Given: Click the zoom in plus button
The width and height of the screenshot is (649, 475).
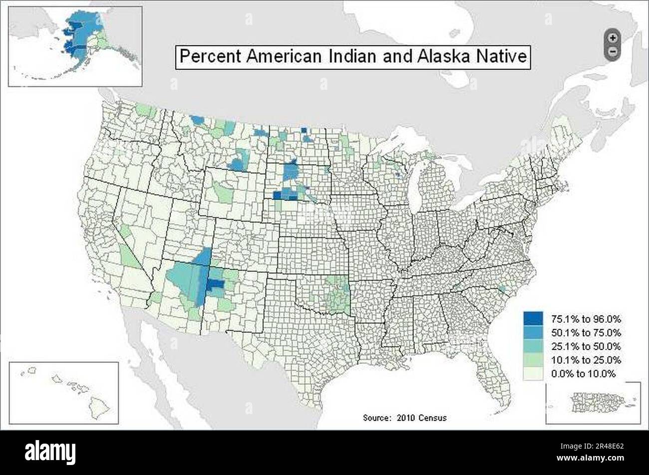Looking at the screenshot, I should click(x=613, y=37).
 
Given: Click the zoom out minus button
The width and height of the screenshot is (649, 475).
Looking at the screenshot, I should click(x=613, y=51).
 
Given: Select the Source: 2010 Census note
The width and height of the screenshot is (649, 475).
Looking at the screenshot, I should click(x=405, y=418).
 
